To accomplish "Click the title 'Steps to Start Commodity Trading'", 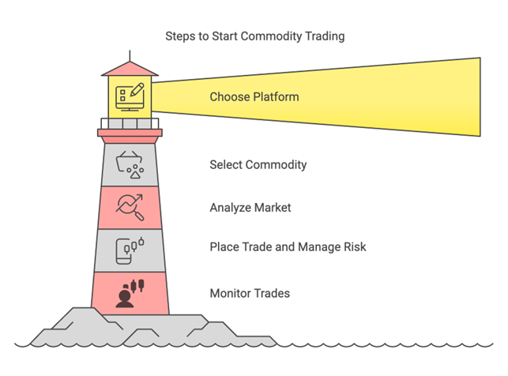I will (x=254, y=36).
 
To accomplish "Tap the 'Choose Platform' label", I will (x=254, y=97).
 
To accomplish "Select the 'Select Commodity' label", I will (x=258, y=165).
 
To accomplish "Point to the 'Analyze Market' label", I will (x=250, y=208).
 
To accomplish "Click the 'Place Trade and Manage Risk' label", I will (x=288, y=247).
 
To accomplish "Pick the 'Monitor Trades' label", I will (x=249, y=294).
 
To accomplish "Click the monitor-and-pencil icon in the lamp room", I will (x=129, y=96).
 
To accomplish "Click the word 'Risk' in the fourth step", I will (x=353, y=247).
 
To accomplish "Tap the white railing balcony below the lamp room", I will (x=130, y=122).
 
